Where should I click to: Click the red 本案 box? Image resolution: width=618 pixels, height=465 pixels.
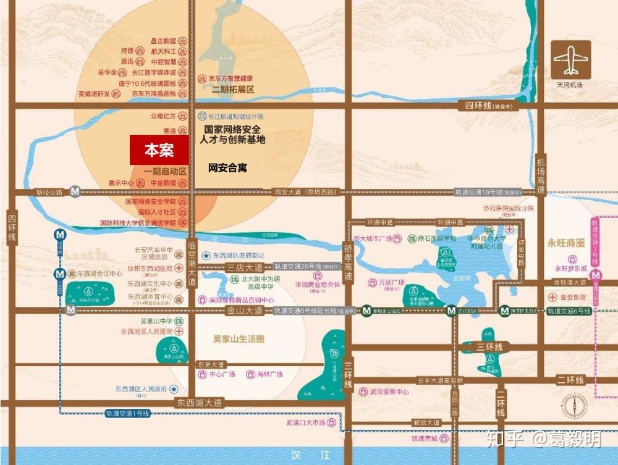point(159,150)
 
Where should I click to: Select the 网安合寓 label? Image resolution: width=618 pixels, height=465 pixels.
point(227,167)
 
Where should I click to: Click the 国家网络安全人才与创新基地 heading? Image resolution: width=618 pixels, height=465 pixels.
point(232,135)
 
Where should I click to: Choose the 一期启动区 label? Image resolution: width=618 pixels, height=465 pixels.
point(165,171)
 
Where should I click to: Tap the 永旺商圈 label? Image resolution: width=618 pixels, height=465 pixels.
point(565,243)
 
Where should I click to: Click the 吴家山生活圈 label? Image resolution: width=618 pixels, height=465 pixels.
point(234,339)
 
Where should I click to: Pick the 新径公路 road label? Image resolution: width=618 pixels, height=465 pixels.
point(49,193)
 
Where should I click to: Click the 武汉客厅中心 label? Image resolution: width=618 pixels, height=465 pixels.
point(389,392)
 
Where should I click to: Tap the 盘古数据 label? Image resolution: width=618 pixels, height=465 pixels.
point(163,41)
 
